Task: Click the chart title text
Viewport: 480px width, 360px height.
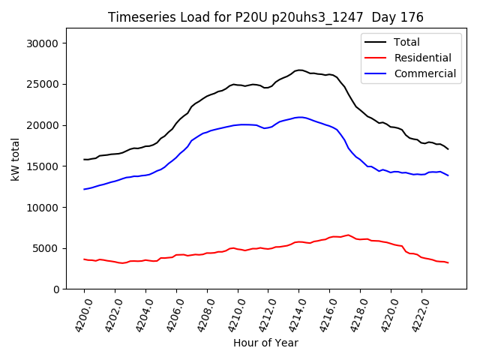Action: coord(265,17)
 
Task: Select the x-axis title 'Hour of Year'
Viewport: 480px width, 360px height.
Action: coord(265,343)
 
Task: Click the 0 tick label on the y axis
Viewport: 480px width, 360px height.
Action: coord(56,289)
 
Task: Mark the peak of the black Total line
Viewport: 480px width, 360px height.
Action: coord(299,70)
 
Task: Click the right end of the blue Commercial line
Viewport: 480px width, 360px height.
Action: coord(448,175)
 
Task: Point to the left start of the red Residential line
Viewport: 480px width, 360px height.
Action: coord(84,259)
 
